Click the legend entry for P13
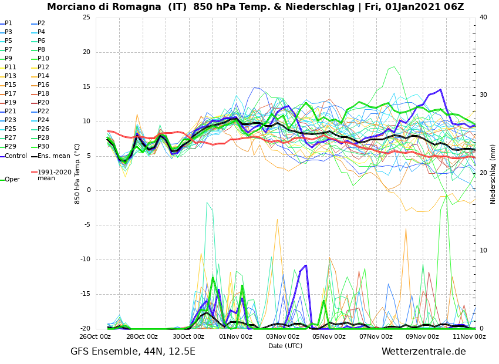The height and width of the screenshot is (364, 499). tap(11, 76)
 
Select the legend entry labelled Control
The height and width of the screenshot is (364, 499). tap(16, 156)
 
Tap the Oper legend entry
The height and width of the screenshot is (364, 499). tap(12, 180)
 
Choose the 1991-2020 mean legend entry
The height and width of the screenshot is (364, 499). tap(54, 175)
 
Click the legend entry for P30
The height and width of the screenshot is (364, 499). tap(43, 147)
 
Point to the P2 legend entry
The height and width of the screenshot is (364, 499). tap(41, 23)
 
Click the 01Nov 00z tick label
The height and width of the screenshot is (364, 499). tap(235, 336)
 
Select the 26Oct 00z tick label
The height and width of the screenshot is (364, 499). tap(95, 336)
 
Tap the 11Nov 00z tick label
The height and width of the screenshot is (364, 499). tap(469, 336)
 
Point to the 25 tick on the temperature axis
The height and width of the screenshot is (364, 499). tap(86, 17)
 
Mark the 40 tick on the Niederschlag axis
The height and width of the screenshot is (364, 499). tap(483, 17)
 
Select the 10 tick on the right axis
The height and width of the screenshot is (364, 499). tap(483, 251)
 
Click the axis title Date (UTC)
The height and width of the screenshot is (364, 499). tap(285, 346)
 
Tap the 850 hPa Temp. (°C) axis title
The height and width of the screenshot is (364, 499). tap(77, 173)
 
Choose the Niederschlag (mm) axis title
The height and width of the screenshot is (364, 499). tap(493, 174)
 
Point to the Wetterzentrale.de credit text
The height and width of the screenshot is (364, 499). tap(423, 352)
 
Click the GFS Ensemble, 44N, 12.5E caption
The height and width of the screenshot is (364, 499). tap(133, 352)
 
